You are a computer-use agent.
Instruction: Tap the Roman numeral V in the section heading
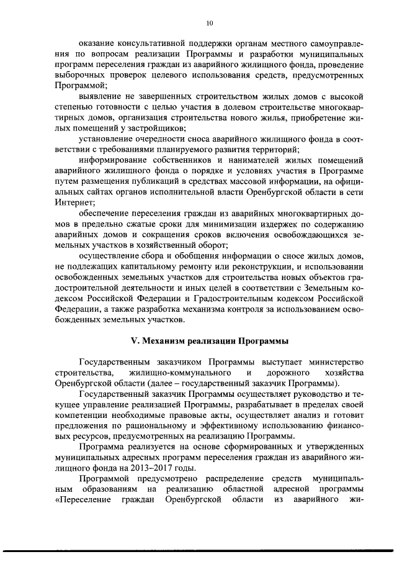[132, 341]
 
